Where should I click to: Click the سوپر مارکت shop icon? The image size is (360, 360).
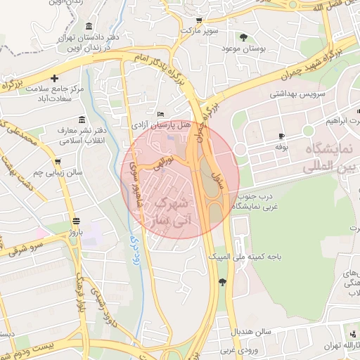199,20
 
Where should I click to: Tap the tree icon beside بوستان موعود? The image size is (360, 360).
244,37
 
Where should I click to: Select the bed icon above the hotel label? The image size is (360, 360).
161,115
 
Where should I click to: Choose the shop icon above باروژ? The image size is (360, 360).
71,219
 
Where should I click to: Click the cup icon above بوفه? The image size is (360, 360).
282,136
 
